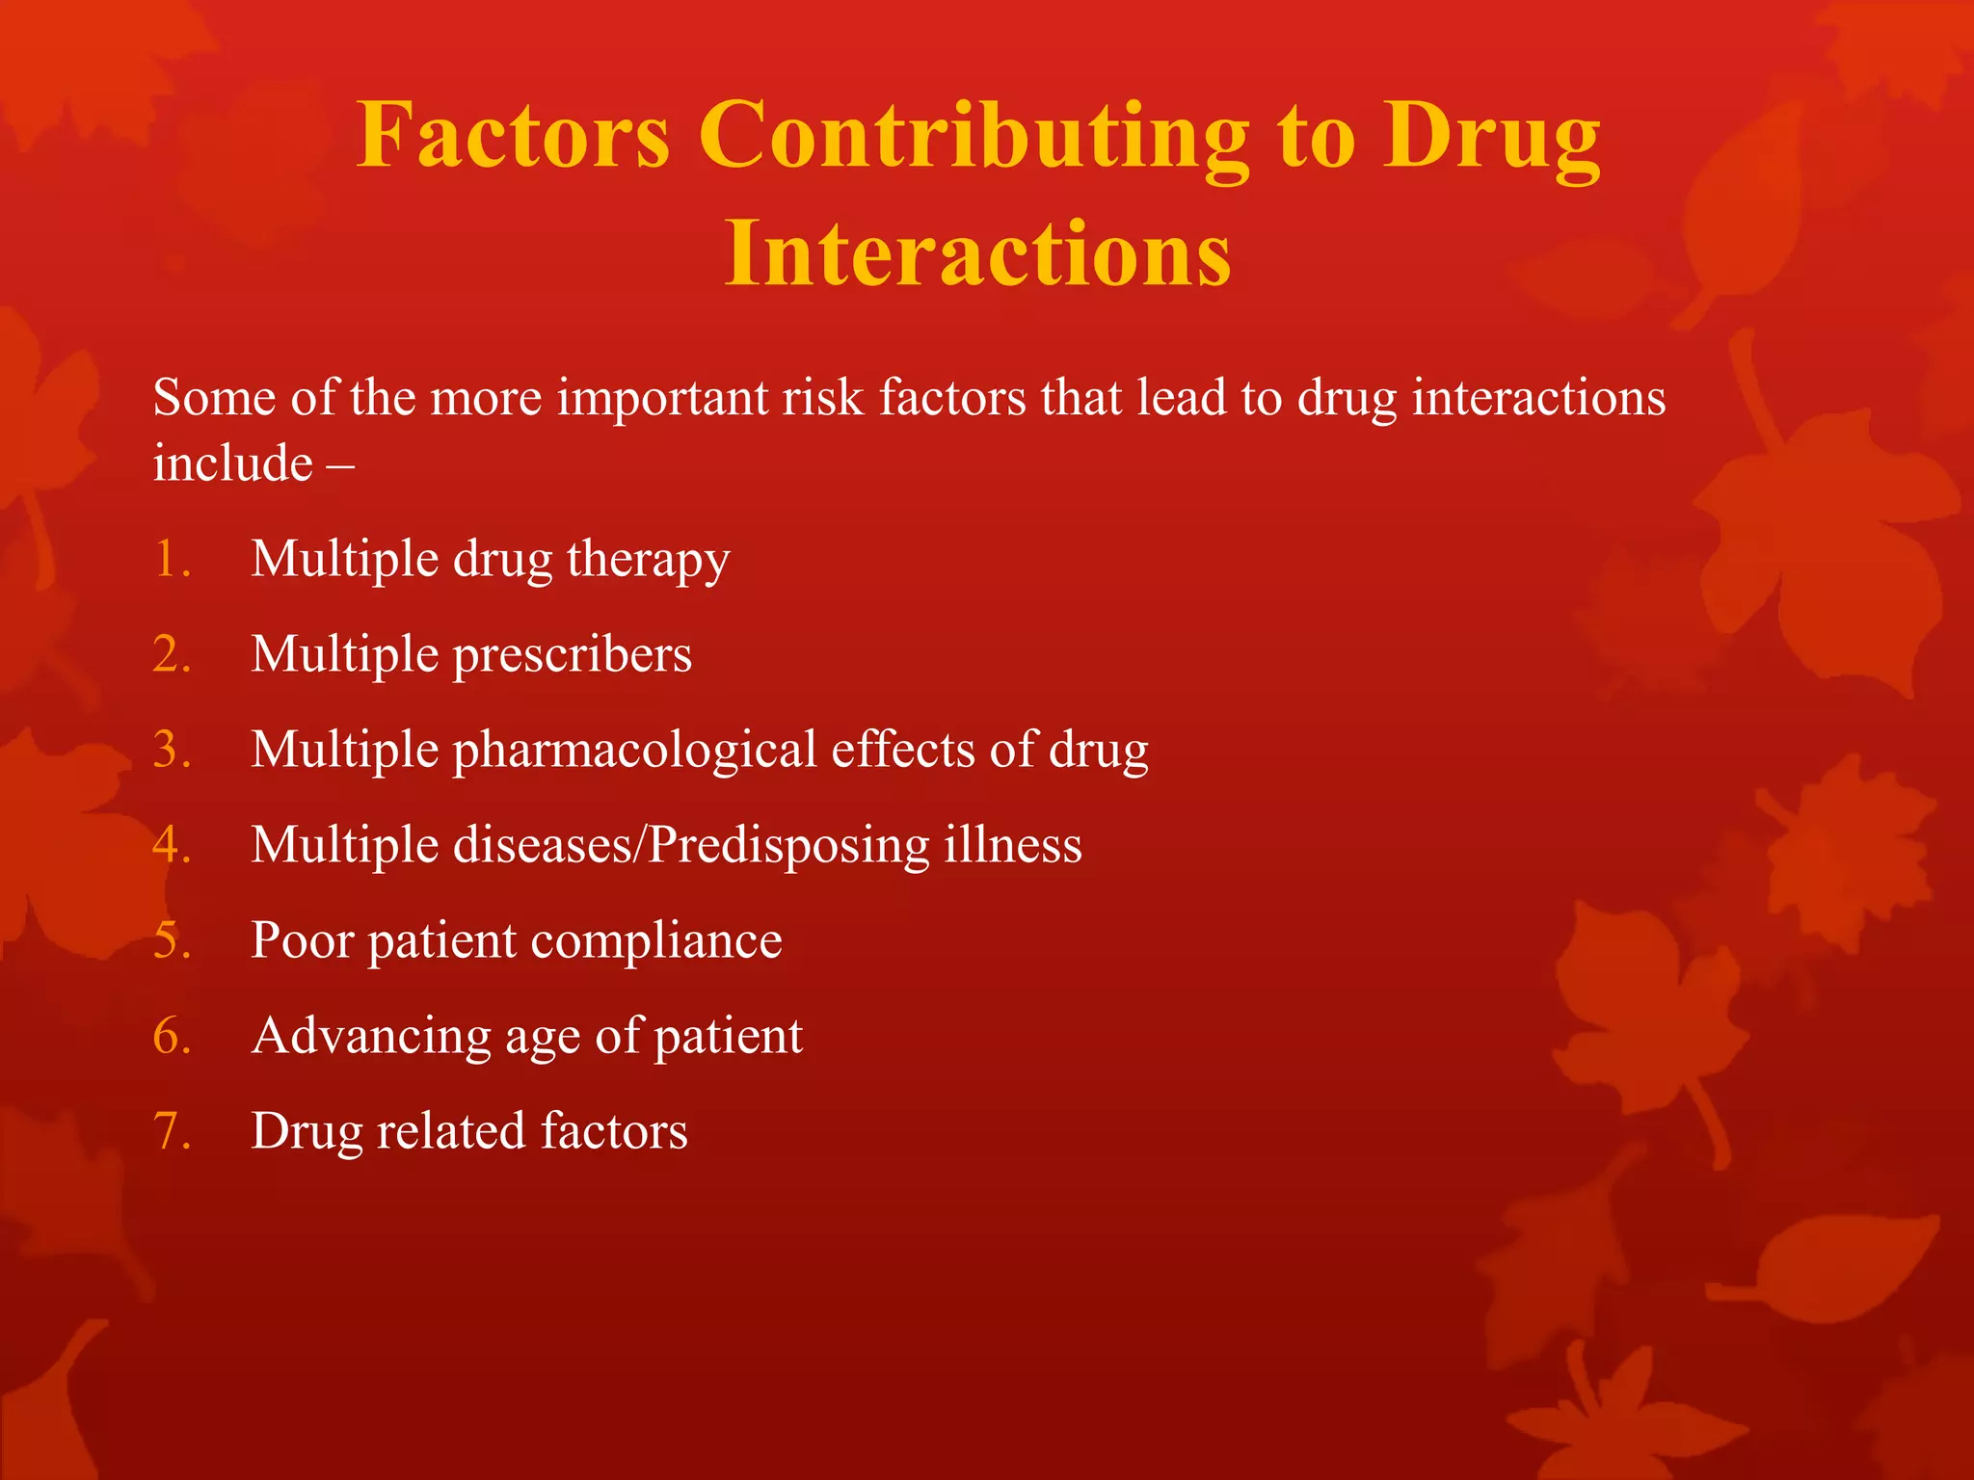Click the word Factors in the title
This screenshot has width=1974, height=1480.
pos(513,136)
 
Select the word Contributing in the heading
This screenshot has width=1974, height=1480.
pos(974,136)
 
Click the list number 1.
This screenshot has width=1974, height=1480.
pos(171,559)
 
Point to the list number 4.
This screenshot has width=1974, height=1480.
pos(171,845)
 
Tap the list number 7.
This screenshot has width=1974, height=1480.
pos(171,1131)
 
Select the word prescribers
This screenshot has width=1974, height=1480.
pos(572,655)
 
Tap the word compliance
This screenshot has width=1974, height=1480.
pos(655,941)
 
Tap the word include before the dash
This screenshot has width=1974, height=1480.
pos(232,463)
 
